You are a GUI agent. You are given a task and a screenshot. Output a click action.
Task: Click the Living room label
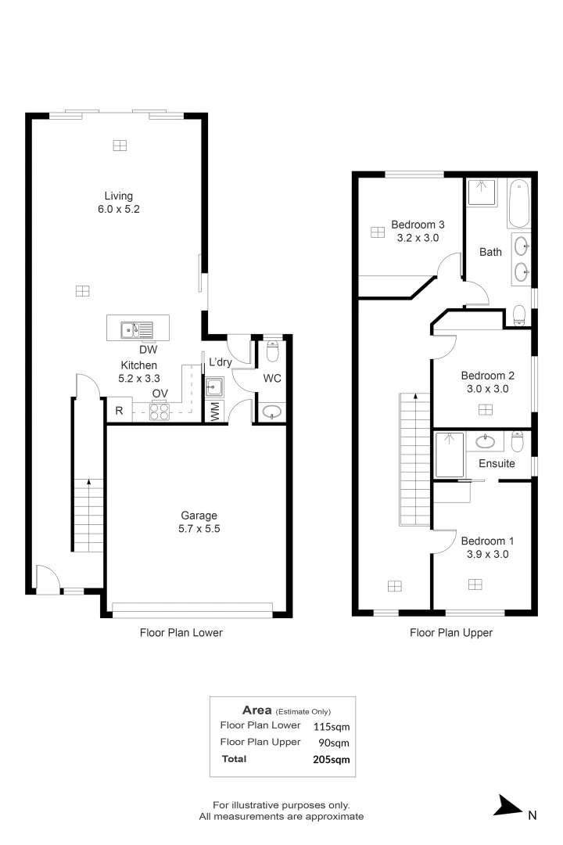(x=119, y=196)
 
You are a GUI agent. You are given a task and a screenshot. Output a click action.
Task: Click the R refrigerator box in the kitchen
(x=119, y=411)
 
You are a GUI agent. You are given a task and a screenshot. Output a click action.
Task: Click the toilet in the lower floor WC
(x=271, y=353)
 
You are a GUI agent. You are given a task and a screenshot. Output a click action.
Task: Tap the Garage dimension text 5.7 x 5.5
(x=199, y=529)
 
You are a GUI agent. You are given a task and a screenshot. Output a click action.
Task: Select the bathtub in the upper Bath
(x=518, y=202)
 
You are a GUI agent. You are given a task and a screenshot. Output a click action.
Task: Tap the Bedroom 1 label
(x=487, y=541)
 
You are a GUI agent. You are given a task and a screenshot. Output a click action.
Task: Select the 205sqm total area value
(x=330, y=759)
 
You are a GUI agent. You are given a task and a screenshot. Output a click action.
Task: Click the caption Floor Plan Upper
(x=451, y=633)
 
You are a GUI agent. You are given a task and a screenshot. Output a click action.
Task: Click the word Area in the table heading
(x=256, y=710)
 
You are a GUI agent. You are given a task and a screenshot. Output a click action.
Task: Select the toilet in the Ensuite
(x=517, y=441)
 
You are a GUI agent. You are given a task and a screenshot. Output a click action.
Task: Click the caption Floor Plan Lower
(x=181, y=633)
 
